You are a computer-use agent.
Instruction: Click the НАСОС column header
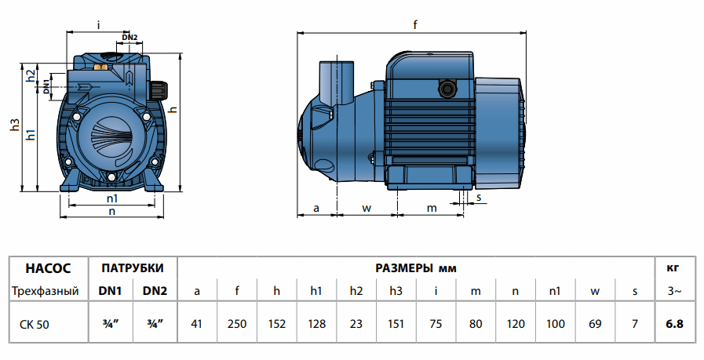point(47,267)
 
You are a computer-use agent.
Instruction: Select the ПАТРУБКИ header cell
point(133,267)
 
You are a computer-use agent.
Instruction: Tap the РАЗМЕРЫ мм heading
point(416,267)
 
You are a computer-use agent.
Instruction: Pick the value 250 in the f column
point(237,322)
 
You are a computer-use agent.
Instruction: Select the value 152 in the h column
point(276,322)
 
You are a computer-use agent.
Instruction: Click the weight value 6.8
point(673,322)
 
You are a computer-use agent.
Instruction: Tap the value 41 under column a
point(197,322)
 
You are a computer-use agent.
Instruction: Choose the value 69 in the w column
point(595,322)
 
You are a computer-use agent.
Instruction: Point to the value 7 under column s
point(634,322)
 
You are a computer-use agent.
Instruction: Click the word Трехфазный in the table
point(45,292)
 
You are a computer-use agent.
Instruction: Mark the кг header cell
point(673,267)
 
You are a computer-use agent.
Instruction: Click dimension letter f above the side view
point(415,25)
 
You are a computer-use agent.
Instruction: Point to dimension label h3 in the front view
point(14,125)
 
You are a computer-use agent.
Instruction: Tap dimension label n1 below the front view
point(112,198)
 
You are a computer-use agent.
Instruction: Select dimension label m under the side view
point(431,208)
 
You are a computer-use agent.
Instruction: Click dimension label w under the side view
point(367,208)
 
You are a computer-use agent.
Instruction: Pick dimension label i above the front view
point(98,25)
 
